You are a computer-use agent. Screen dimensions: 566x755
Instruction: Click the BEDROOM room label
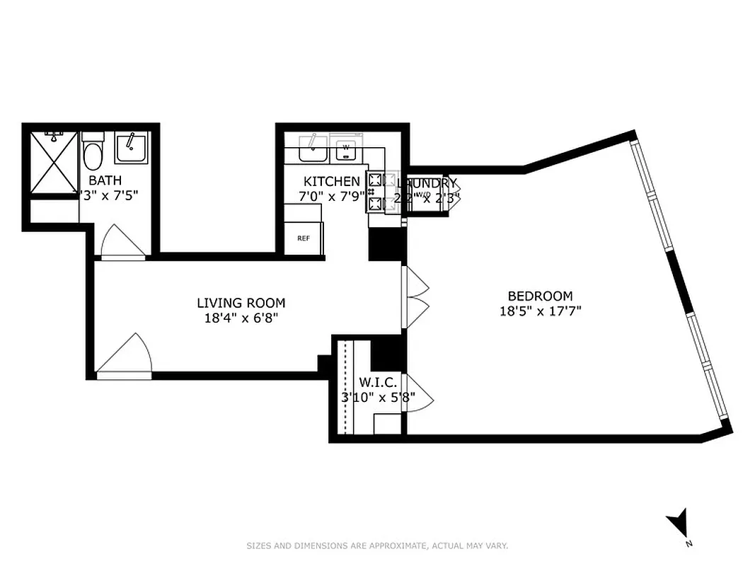coord(540,296)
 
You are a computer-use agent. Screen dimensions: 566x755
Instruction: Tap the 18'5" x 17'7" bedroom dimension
coord(540,311)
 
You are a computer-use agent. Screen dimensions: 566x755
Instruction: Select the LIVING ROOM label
coord(241,303)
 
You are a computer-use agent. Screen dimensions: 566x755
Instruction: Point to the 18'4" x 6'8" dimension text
coord(241,318)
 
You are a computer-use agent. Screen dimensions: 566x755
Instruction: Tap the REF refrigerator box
coord(304,238)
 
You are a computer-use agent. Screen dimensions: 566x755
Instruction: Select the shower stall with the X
coord(53,163)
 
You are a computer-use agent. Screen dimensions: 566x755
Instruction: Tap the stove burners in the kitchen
coord(375,192)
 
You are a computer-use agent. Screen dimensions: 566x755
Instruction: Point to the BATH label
coord(102,180)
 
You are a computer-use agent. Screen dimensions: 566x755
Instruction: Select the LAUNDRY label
coord(427,183)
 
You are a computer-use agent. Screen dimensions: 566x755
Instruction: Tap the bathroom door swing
coord(122,243)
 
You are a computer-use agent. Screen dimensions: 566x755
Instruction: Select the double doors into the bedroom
coord(416,297)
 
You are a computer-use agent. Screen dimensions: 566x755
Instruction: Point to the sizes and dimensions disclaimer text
coord(377,545)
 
